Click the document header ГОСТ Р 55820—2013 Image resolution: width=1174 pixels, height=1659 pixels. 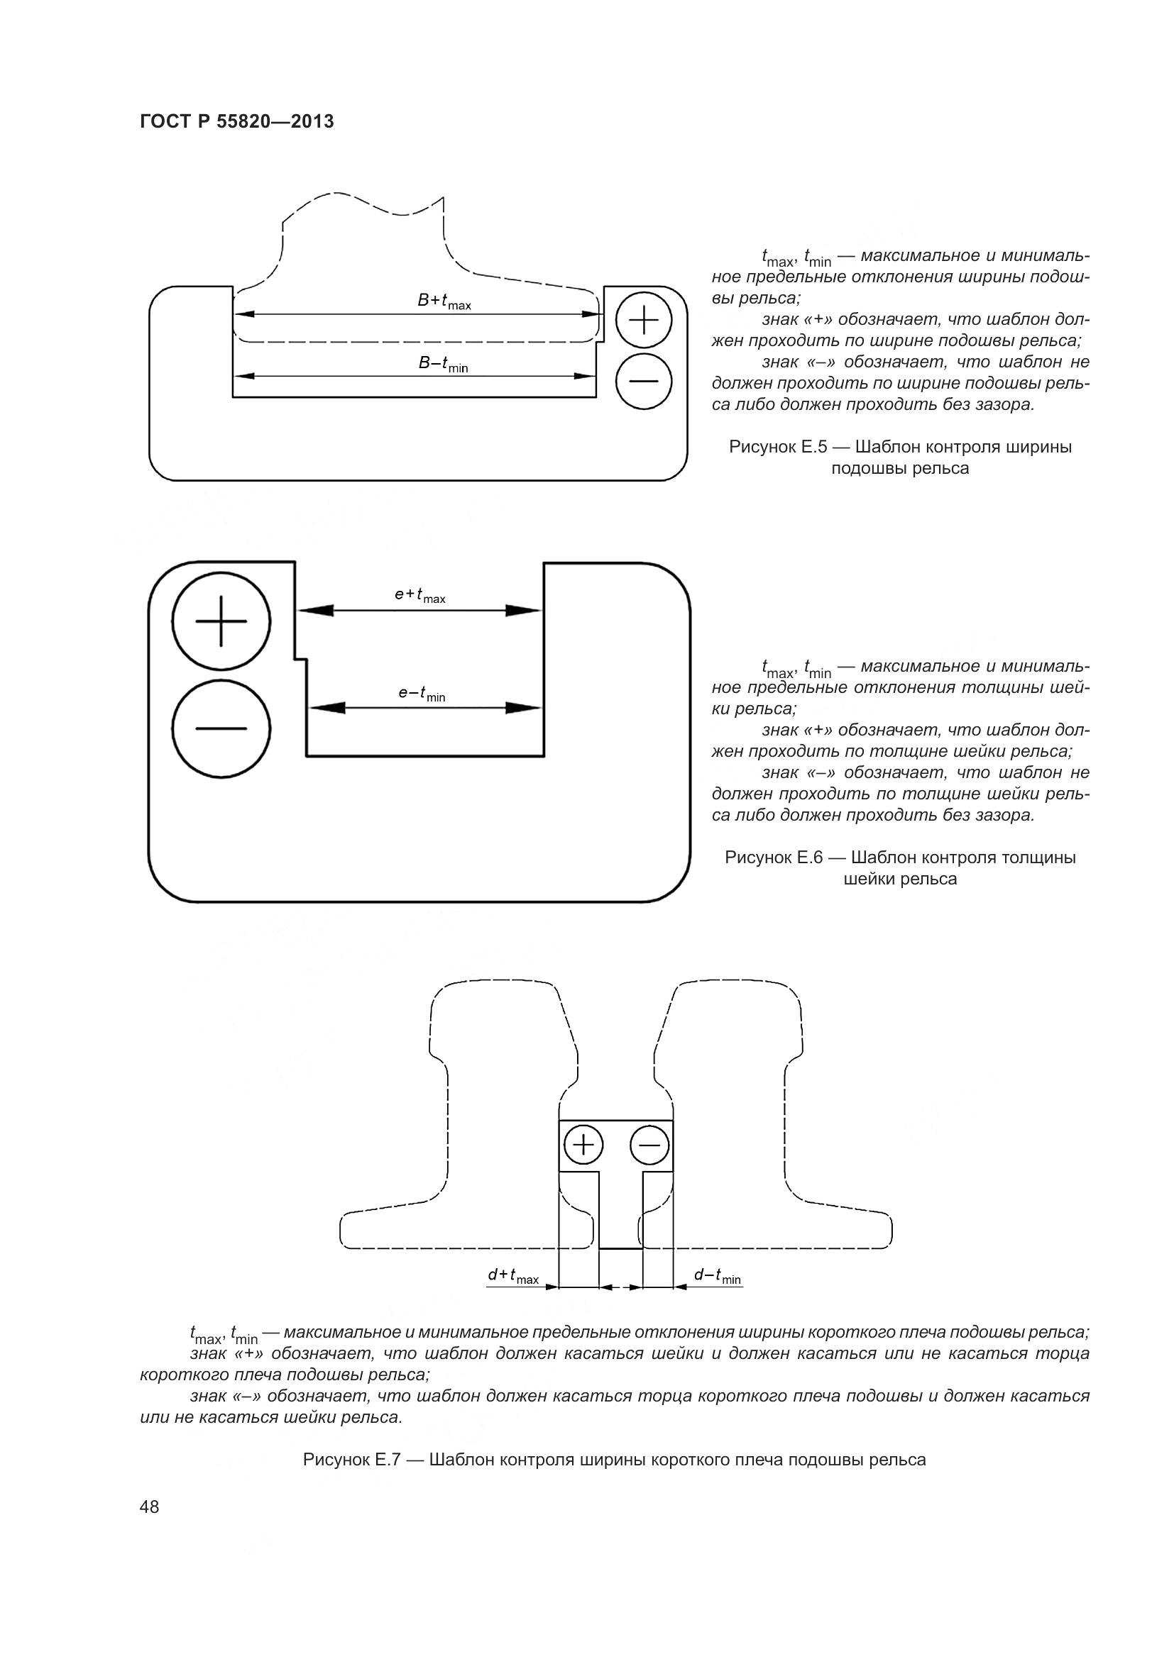[236, 122]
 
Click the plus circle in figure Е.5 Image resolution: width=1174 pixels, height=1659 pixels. [643, 318]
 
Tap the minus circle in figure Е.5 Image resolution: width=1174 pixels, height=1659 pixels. [643, 381]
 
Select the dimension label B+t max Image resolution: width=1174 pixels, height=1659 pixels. [444, 301]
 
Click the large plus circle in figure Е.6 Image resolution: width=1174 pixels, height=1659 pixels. [221, 621]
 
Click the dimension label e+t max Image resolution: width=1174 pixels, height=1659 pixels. [420, 595]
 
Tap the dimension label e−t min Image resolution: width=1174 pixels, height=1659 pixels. [422, 694]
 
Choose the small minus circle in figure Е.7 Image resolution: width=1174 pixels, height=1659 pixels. [649, 1145]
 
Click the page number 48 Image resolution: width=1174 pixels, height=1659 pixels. [150, 1507]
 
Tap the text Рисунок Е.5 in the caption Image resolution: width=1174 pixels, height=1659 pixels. [777, 447]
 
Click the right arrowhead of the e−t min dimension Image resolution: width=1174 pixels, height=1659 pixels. [523, 708]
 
